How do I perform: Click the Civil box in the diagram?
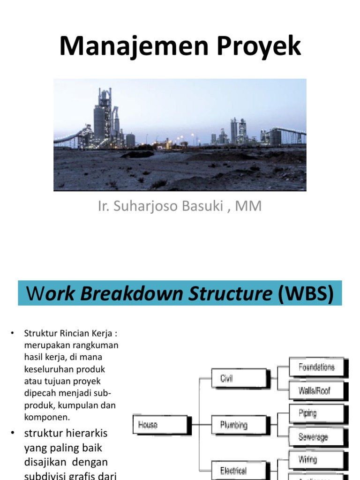232,378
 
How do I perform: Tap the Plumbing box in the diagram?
233,425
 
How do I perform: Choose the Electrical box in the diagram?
233,470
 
